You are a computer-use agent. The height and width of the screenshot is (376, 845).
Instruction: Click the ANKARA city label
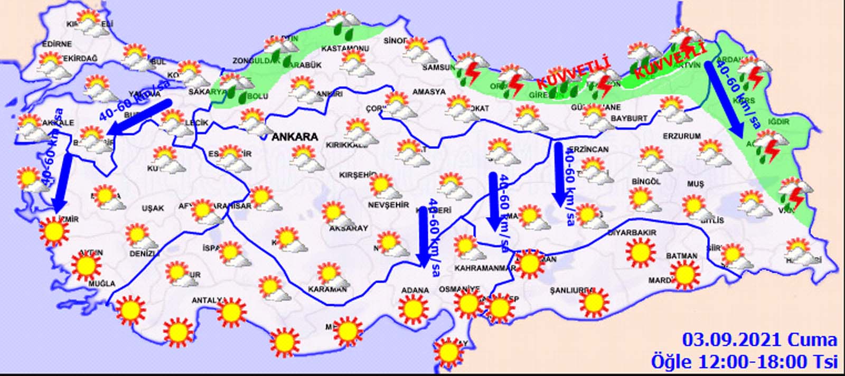(x=295, y=137)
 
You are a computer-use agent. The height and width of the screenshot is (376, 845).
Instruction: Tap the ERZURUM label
(x=682, y=136)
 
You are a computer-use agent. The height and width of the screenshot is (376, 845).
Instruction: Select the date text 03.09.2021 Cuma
(x=759, y=340)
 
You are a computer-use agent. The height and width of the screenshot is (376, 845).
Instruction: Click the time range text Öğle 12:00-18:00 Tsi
(x=744, y=362)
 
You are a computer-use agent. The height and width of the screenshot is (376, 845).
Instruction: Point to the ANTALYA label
(x=209, y=300)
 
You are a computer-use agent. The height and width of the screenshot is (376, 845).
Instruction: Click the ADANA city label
(x=415, y=290)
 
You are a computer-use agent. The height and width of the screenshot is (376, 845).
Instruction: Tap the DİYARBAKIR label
(x=632, y=232)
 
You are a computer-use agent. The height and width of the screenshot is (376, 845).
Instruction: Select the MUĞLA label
(x=102, y=284)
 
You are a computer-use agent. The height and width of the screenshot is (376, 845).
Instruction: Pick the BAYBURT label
(x=629, y=119)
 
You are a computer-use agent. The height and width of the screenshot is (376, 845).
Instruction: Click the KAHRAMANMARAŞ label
(x=485, y=268)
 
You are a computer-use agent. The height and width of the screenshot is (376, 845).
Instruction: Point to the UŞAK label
(x=153, y=208)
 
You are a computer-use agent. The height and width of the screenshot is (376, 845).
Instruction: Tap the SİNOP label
(x=395, y=41)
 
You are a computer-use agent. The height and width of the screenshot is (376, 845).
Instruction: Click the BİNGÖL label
(x=646, y=181)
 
